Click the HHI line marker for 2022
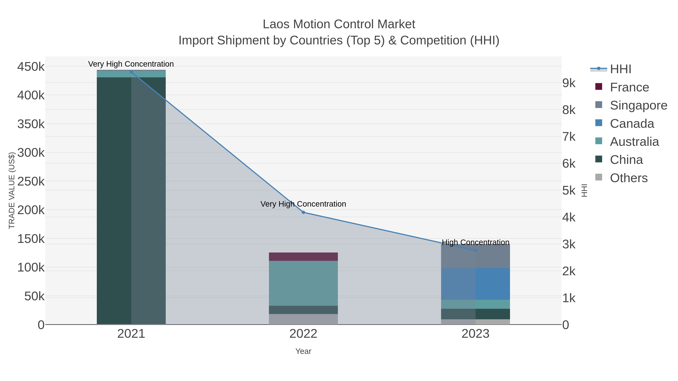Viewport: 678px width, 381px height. click(303, 212)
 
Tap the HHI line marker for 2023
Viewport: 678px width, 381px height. click(475, 250)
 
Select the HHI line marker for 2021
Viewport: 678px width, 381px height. click(131, 72)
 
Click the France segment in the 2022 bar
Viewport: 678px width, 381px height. click(303, 257)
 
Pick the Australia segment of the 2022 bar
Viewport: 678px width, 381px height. click(303, 283)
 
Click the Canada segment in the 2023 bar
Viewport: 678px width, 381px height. click(475, 284)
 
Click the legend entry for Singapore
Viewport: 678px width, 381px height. click(638, 105)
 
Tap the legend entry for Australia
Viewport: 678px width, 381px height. click(634, 142)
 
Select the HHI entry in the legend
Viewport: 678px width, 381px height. click(620, 69)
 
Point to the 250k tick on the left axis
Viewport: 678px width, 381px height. click(31, 181)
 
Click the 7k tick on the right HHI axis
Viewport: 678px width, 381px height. click(569, 137)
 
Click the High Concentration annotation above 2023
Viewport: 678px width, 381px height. click(475, 242)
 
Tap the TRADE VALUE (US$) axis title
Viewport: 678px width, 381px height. click(12, 190)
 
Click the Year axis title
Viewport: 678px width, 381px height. click(303, 351)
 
